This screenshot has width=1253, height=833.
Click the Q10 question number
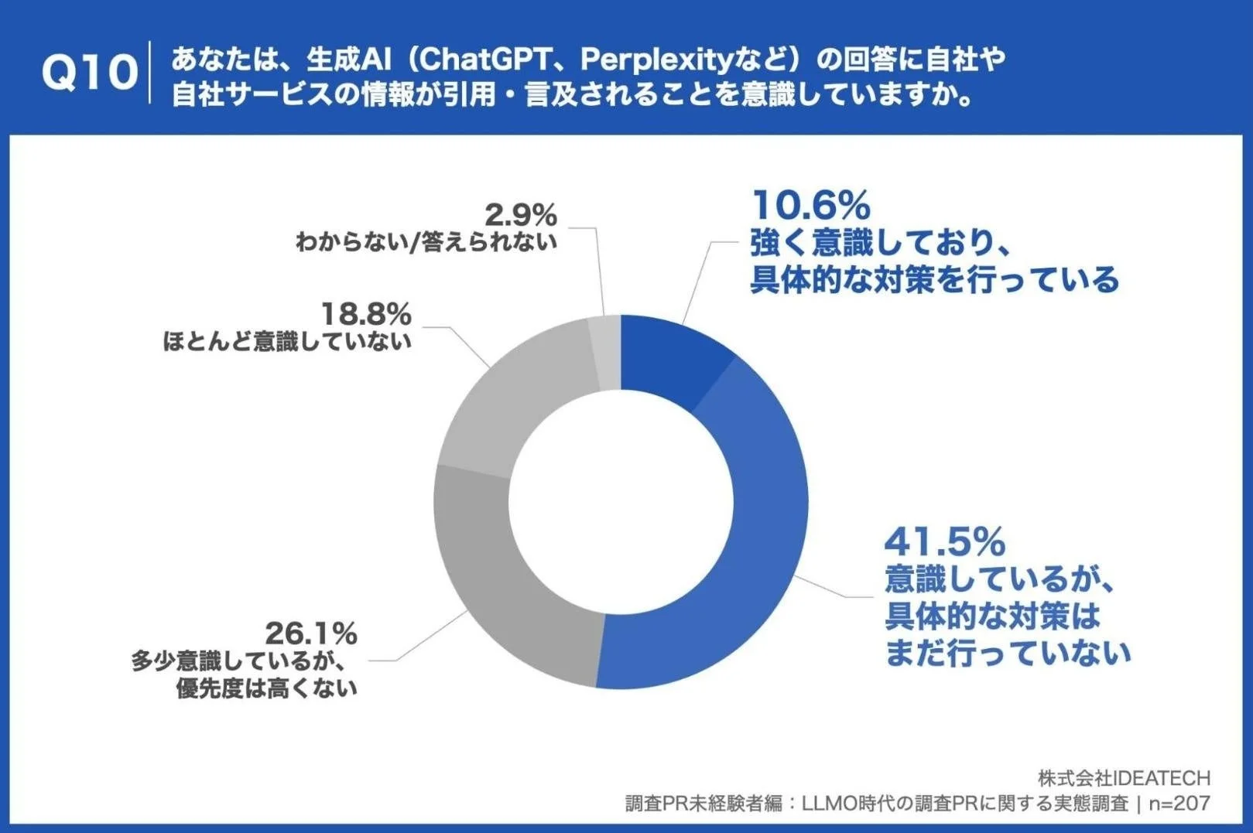coord(88,73)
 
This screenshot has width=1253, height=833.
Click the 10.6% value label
coord(810,207)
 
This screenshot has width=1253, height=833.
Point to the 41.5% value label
coord(944,542)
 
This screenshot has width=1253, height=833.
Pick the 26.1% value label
coord(311,634)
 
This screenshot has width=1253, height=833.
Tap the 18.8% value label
coord(366,315)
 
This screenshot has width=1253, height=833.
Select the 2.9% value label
coord(521,215)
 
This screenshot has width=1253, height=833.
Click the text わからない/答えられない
coord(426,242)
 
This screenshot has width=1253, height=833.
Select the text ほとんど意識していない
coord(286,341)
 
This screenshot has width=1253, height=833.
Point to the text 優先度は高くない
coord(267,688)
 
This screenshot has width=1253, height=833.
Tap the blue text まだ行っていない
coord(1007,654)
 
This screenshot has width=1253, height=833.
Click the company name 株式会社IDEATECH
coord(1124,778)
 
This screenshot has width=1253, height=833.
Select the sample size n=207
coord(1179,804)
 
